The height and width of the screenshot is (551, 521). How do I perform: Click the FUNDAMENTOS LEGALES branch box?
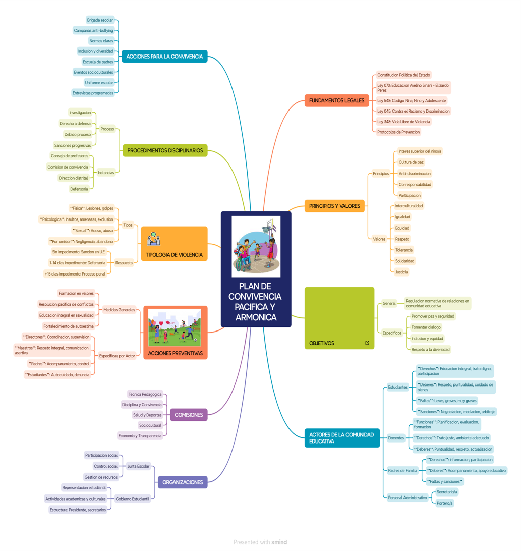[336, 100]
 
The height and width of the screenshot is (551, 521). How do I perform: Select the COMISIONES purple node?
[189, 415]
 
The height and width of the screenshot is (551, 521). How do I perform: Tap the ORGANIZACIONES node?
[183, 482]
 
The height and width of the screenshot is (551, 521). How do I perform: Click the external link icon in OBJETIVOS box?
[367, 343]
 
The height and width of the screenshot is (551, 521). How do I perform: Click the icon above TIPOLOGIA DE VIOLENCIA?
[154, 239]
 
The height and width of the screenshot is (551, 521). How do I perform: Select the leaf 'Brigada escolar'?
[100, 20]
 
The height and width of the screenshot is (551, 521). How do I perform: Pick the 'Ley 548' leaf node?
[412, 101]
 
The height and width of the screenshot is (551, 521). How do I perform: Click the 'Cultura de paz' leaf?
[411, 162]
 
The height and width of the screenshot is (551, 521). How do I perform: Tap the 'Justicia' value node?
[401, 272]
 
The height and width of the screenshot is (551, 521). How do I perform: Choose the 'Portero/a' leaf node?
[444, 503]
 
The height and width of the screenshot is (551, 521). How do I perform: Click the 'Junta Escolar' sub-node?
[138, 466]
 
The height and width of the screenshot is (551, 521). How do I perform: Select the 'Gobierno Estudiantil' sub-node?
[132, 499]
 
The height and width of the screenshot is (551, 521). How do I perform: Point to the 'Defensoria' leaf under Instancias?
[79, 189]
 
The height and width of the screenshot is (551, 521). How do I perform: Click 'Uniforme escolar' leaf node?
[99, 83]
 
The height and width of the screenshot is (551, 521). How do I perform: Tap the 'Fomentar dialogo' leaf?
[426, 327]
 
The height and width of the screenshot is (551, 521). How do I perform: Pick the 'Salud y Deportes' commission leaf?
[147, 415]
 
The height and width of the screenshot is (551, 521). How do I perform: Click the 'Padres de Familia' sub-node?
[402, 471]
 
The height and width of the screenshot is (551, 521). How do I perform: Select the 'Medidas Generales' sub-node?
[119, 310]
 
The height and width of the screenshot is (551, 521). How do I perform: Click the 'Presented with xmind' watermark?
[260, 542]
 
